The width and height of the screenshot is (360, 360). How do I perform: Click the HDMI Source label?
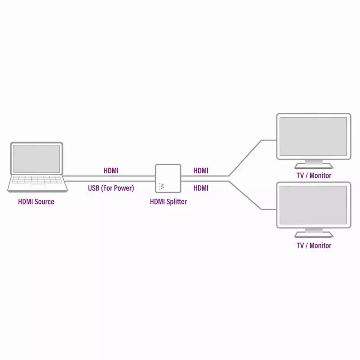36,202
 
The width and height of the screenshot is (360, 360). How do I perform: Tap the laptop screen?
36,159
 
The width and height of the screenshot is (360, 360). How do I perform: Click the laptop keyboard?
37,180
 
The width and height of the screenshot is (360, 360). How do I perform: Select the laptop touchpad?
38,186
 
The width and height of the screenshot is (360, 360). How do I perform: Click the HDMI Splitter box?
168,179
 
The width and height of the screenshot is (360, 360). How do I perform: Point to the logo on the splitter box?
161,186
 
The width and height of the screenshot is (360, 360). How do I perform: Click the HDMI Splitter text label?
168,202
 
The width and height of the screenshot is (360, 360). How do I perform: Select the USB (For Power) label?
111,188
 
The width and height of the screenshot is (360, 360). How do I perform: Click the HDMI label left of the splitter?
111,171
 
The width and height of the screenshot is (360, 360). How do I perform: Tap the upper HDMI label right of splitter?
201,171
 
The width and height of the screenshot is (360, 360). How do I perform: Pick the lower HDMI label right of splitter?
201,188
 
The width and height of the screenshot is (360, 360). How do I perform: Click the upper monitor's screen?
314,136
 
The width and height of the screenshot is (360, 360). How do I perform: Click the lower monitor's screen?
314,205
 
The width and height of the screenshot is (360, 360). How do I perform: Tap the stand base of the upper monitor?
314,166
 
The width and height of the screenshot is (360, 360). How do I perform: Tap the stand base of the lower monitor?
314,234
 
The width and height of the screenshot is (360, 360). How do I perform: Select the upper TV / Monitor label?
314,175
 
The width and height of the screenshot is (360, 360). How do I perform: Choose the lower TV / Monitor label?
314,246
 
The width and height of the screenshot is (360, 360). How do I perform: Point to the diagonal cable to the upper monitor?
245,158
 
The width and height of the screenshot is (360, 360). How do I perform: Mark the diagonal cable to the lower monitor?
245,195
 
